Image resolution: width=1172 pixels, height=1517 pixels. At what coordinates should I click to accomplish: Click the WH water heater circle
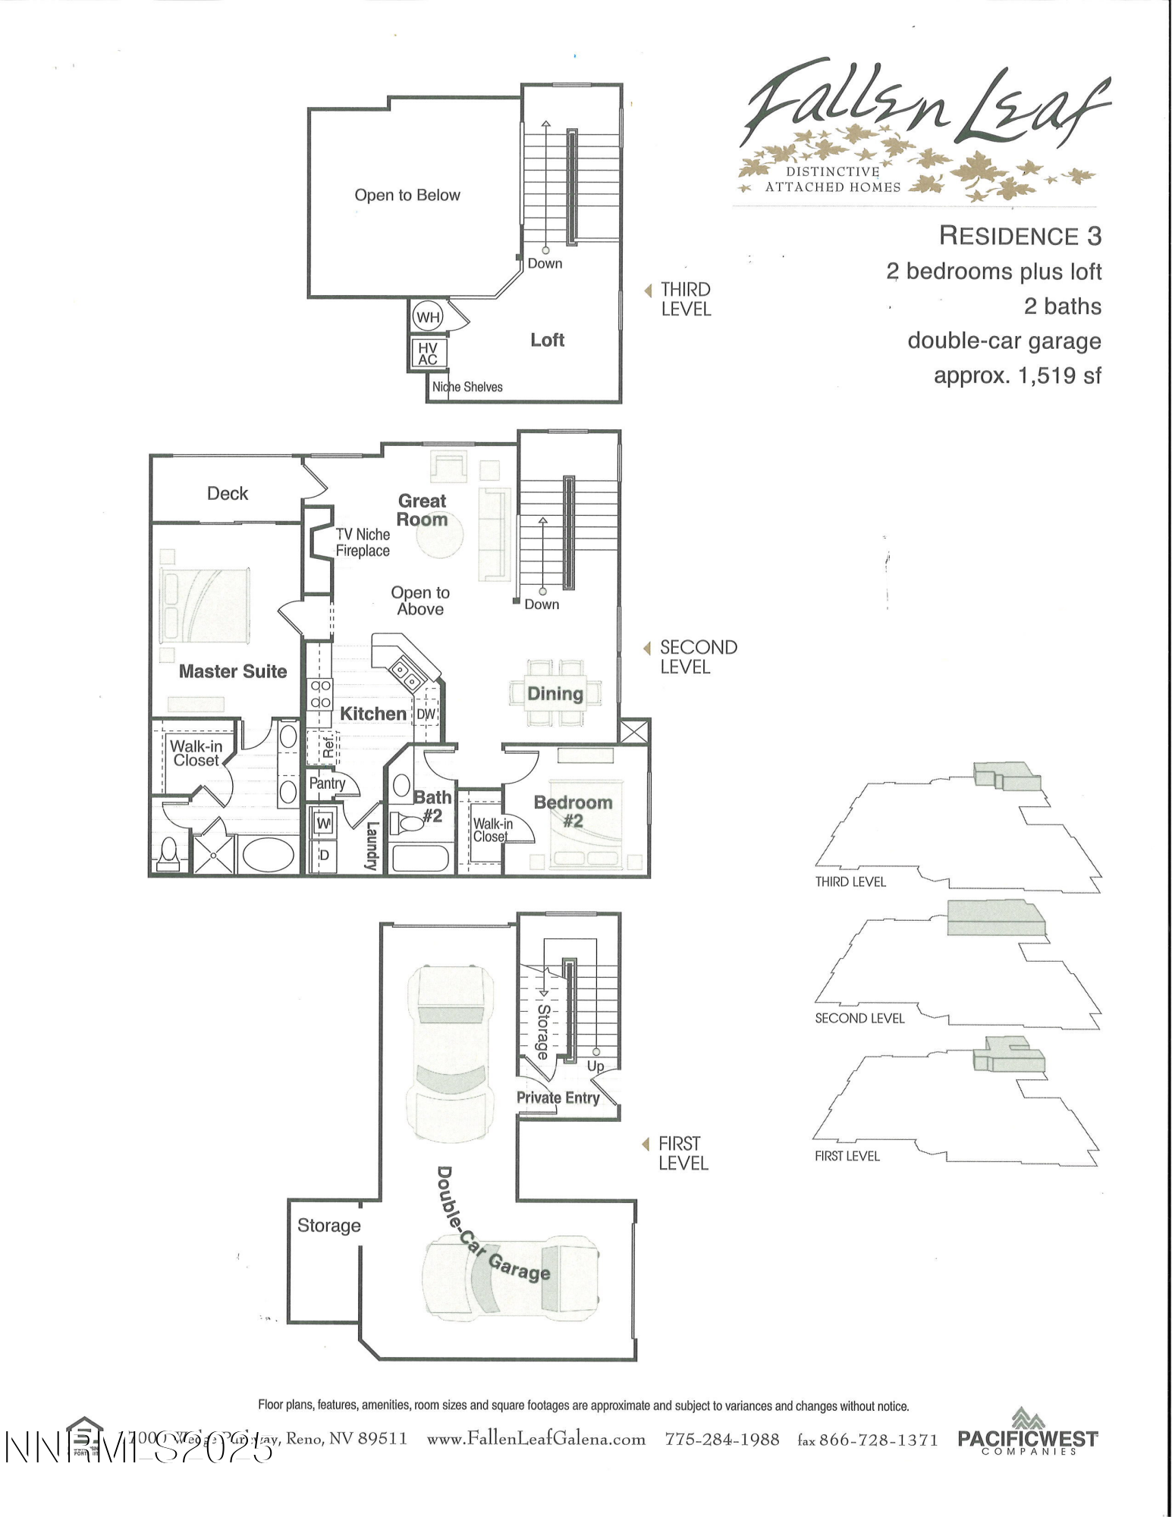pyautogui.click(x=428, y=317)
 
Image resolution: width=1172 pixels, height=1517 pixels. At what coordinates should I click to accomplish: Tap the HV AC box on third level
pyautogui.click(x=428, y=353)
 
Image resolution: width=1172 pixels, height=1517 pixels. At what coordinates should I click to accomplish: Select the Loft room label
pyautogui.click(x=547, y=340)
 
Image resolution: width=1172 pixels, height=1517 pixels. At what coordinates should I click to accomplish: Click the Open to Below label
pyautogui.click(x=407, y=195)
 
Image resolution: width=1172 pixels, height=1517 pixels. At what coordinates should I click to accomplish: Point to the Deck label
pyautogui.click(x=228, y=493)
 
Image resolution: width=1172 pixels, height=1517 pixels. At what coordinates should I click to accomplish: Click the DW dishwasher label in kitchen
pyautogui.click(x=426, y=714)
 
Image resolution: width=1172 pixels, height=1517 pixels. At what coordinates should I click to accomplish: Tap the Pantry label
pyautogui.click(x=327, y=783)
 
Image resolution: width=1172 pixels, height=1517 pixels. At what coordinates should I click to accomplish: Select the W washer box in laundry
pyautogui.click(x=323, y=823)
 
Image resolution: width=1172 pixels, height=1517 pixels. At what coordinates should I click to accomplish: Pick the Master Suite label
pyautogui.click(x=233, y=671)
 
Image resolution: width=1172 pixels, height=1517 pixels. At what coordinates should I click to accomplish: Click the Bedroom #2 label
pyautogui.click(x=573, y=811)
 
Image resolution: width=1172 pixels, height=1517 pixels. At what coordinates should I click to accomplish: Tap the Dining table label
pyautogui.click(x=555, y=693)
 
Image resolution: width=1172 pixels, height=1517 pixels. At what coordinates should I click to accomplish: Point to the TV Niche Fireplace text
pyautogui.click(x=363, y=542)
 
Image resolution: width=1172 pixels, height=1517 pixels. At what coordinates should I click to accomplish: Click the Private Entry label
pyautogui.click(x=558, y=1098)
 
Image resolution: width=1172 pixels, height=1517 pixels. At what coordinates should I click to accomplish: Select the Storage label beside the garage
pyautogui.click(x=328, y=1225)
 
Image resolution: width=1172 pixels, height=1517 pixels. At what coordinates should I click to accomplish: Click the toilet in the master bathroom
pyautogui.click(x=168, y=854)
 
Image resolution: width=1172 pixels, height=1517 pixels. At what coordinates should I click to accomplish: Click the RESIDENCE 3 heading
pyautogui.click(x=1020, y=236)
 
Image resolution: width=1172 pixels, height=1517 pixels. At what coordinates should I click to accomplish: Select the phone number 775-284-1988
pyautogui.click(x=721, y=1439)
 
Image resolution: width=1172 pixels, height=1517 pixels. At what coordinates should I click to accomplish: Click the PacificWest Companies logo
pyautogui.click(x=1027, y=1433)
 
